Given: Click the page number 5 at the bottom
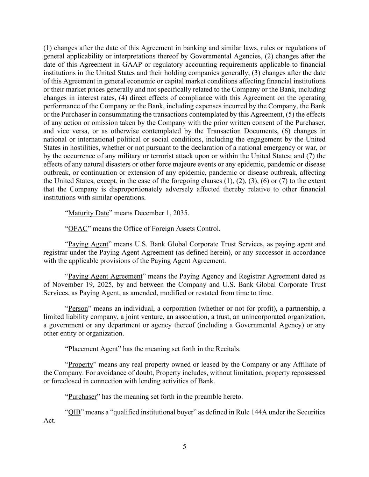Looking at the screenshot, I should (x=184, y=447).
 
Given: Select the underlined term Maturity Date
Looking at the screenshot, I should (x=88, y=213).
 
